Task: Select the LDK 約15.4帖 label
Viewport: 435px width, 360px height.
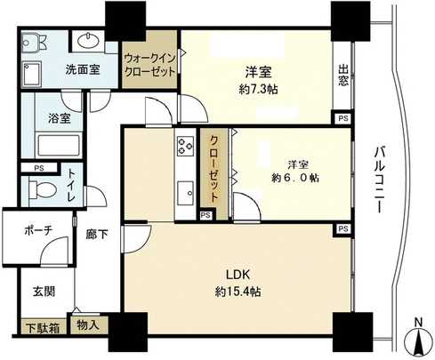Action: pyautogui.click(x=236, y=280)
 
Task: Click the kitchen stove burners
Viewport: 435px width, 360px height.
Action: pyautogui.click(x=186, y=148)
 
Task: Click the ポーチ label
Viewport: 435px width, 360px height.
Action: pyautogui.click(x=36, y=230)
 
